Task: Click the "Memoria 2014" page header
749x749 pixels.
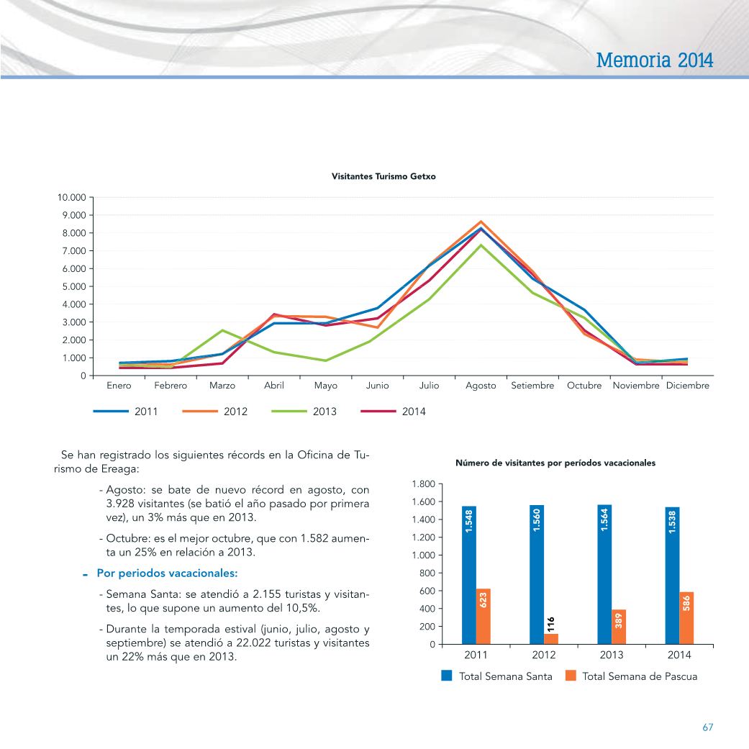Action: pos(655,60)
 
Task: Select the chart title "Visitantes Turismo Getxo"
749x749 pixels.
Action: pos(383,176)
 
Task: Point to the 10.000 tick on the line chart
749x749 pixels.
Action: pos(72,197)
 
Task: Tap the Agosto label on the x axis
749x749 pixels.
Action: pos(481,386)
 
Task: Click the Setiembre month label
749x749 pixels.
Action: pos(532,385)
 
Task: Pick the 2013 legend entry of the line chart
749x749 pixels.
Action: pos(304,412)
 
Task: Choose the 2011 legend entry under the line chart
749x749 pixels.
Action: pos(126,412)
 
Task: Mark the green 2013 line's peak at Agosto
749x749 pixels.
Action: pos(481,245)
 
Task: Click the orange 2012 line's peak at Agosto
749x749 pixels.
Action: pos(481,222)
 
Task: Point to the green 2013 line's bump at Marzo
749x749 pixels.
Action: pos(222,330)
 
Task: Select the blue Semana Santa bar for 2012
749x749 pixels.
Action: pos(537,575)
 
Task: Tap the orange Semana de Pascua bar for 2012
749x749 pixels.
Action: pos(550,639)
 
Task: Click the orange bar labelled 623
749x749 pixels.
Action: pos(483,616)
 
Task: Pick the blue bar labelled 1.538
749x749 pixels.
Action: pos(672,576)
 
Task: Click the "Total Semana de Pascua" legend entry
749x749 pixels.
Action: pos(631,676)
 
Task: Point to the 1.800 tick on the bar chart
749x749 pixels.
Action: pos(424,484)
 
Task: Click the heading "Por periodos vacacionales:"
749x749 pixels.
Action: pos(167,573)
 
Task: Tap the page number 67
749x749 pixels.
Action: pos(707,727)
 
